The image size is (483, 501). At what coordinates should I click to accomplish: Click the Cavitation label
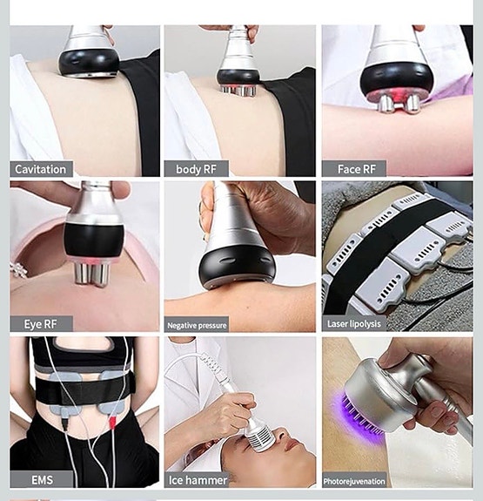click(41, 169)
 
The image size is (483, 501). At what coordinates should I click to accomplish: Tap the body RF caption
click(196, 169)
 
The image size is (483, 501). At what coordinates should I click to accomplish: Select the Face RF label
click(357, 169)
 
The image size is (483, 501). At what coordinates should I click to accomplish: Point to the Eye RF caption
click(40, 324)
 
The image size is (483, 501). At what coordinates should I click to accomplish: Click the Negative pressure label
click(197, 326)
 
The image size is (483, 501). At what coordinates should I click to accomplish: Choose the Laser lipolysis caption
click(354, 324)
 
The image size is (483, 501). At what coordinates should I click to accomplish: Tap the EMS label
click(42, 479)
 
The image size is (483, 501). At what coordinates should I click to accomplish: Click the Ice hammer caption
click(198, 479)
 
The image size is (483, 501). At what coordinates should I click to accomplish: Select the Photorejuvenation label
click(354, 481)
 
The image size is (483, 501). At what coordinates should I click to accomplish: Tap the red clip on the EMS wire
click(112, 422)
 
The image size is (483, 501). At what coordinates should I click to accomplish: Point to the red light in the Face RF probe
click(398, 95)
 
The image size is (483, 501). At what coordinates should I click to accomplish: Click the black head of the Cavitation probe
click(89, 63)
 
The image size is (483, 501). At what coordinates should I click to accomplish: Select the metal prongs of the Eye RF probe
click(91, 274)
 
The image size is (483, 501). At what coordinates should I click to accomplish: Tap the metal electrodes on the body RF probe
click(238, 91)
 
